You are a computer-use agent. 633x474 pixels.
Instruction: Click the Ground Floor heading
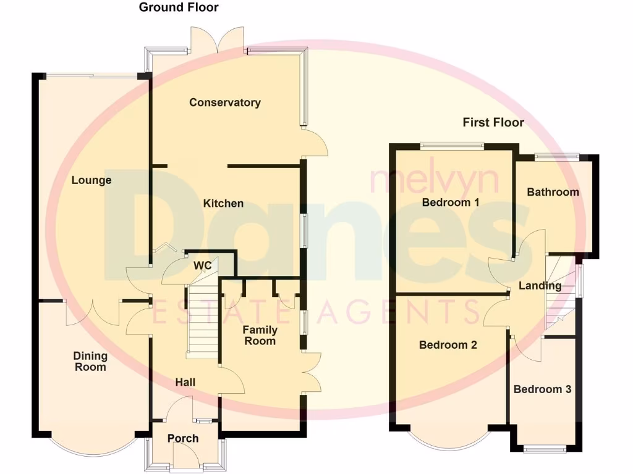click(x=178, y=7)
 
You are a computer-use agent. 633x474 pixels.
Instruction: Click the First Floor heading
click(x=493, y=122)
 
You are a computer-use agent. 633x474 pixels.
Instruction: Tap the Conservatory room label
click(x=224, y=102)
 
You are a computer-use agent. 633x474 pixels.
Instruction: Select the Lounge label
click(x=91, y=180)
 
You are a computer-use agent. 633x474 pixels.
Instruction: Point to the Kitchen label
click(x=223, y=203)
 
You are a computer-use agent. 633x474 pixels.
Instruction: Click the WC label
click(x=203, y=266)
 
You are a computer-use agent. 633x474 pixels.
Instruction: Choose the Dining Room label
click(x=90, y=361)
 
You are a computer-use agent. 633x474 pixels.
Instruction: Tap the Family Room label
click(x=260, y=335)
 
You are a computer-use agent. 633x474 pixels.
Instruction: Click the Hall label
click(x=185, y=383)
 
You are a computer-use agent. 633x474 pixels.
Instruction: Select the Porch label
click(x=183, y=438)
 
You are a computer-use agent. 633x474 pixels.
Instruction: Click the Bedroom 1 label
click(x=451, y=202)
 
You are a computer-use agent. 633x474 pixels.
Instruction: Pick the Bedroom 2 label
click(x=448, y=345)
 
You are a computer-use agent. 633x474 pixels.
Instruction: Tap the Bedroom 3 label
click(x=542, y=389)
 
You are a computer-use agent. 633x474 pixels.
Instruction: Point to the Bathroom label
click(x=553, y=192)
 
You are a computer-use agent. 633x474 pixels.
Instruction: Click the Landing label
click(x=540, y=286)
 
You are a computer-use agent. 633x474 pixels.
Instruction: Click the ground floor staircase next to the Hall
click(x=202, y=324)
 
